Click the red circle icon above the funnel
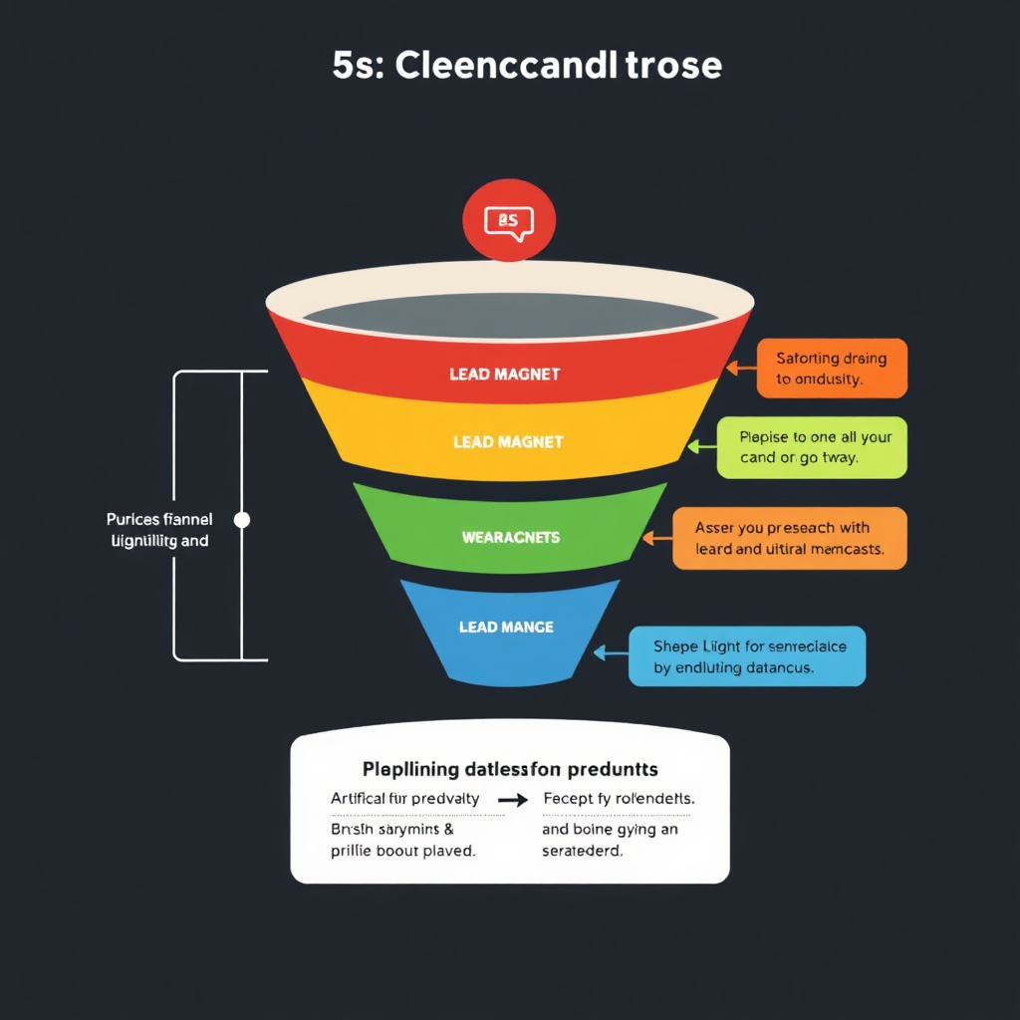509,220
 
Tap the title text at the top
527,66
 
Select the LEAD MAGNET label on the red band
505,375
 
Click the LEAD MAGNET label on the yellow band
508,441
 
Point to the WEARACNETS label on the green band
511,538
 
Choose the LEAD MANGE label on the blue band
506,628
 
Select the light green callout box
812,447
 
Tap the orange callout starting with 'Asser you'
789,538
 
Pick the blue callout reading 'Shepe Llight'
747,656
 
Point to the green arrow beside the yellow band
699,447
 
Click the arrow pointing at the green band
655,538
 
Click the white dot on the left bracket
241,520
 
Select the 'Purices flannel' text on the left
158,520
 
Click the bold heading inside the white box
510,770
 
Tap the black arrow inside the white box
513,800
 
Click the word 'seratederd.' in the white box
582,852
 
